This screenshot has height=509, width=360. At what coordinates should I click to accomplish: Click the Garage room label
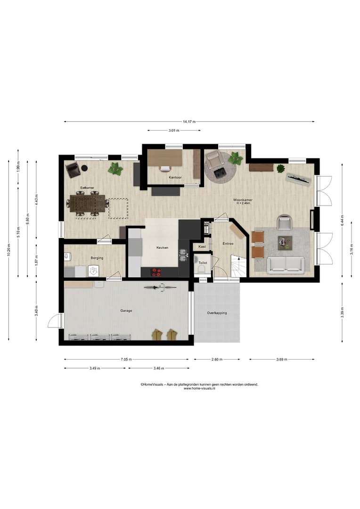pos(126,311)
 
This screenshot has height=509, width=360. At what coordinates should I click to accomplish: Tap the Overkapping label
pos(217,313)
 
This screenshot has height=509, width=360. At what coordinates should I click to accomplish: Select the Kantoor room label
pos(175,178)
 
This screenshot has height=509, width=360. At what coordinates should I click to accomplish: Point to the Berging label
pos(97,258)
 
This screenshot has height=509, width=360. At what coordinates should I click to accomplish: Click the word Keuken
pos(162,247)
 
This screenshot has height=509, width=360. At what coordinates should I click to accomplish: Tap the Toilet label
pos(203,263)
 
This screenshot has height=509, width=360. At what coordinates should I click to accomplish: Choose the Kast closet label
pos(202,246)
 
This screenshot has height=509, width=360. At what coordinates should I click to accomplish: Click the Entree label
pos(228,244)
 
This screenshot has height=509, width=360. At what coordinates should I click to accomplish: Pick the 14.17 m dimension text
pos(189,122)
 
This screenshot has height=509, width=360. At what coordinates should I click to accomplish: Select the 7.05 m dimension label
pos(126,359)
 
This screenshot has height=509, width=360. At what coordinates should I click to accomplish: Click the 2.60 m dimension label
pos(217,359)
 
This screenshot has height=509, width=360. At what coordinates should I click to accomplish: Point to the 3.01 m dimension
pos(174,131)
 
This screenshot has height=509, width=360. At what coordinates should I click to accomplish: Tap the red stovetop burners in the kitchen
pos(156,273)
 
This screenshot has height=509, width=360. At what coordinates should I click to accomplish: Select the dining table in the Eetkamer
pos(88,204)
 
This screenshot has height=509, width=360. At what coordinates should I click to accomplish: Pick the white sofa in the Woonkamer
pos(286,264)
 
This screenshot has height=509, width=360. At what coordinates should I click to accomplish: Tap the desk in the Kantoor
pos(165,157)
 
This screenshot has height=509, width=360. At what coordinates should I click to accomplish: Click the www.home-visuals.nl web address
pos(199,388)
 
